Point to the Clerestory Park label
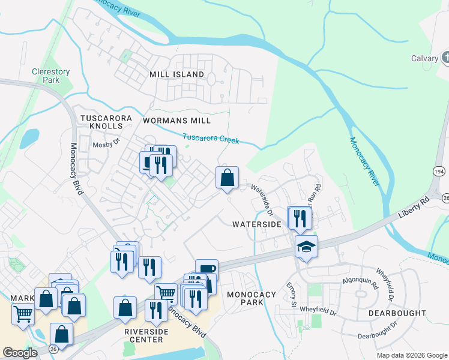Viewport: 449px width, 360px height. [51, 76]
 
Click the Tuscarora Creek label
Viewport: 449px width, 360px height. [211, 139]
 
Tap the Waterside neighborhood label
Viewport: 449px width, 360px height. [257, 224]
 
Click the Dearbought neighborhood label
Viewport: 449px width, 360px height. [397, 313]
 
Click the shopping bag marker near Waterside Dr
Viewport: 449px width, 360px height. [227, 178]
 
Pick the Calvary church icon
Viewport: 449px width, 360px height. [445, 58]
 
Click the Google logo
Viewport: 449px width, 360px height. [20, 353]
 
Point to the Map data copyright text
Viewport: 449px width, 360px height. [411, 355]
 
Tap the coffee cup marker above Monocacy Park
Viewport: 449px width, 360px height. [206, 269]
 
